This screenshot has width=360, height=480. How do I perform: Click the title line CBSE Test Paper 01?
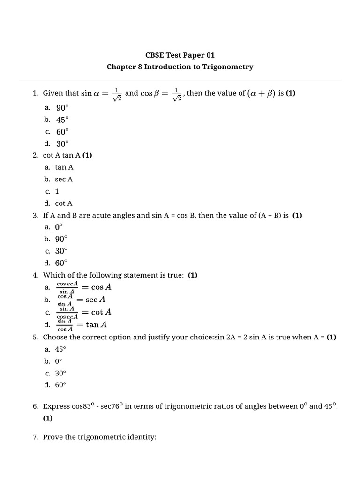pos(180,55)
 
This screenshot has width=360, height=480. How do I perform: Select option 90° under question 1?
pos(62,108)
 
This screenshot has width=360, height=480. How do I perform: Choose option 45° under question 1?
pos(62,120)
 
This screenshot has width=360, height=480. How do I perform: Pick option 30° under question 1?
pos(62,144)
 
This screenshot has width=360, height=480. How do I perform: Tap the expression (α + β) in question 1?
pos(261,93)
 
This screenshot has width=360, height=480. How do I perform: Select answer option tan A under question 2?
pos(64,167)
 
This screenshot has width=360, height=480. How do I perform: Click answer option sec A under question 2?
pos(64,179)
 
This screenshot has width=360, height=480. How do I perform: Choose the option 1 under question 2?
pos(57,191)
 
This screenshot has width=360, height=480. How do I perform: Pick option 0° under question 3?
pos(59,227)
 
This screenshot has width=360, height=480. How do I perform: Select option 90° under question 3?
pos(61,239)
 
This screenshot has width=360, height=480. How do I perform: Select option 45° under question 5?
pos(61,349)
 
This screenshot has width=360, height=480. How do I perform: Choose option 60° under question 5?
pos(61,385)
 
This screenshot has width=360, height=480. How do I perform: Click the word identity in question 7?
pos(142,437)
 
